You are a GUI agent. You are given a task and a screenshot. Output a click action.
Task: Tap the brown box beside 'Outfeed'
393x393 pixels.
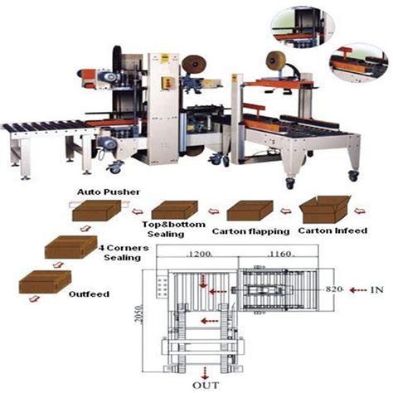point(41,283)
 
